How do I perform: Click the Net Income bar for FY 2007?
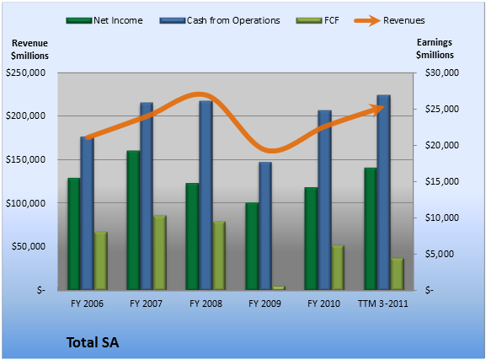133,220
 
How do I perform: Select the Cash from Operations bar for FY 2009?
265,226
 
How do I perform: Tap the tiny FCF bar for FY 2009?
279,288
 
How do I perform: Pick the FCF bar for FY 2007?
160,253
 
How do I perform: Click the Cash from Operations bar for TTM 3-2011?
384,192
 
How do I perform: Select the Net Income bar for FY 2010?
311,239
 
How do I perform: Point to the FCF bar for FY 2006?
101,261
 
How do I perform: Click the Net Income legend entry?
104,20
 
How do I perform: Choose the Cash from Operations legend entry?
220,20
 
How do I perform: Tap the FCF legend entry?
318,20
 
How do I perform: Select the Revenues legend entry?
390,20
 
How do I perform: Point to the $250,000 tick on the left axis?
26,73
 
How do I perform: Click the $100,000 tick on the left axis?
26,203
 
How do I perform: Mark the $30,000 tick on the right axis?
441,73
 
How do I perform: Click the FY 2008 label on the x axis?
206,304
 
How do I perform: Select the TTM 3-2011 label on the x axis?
383,304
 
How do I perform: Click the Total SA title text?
93,342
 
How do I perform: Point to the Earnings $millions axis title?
435,49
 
